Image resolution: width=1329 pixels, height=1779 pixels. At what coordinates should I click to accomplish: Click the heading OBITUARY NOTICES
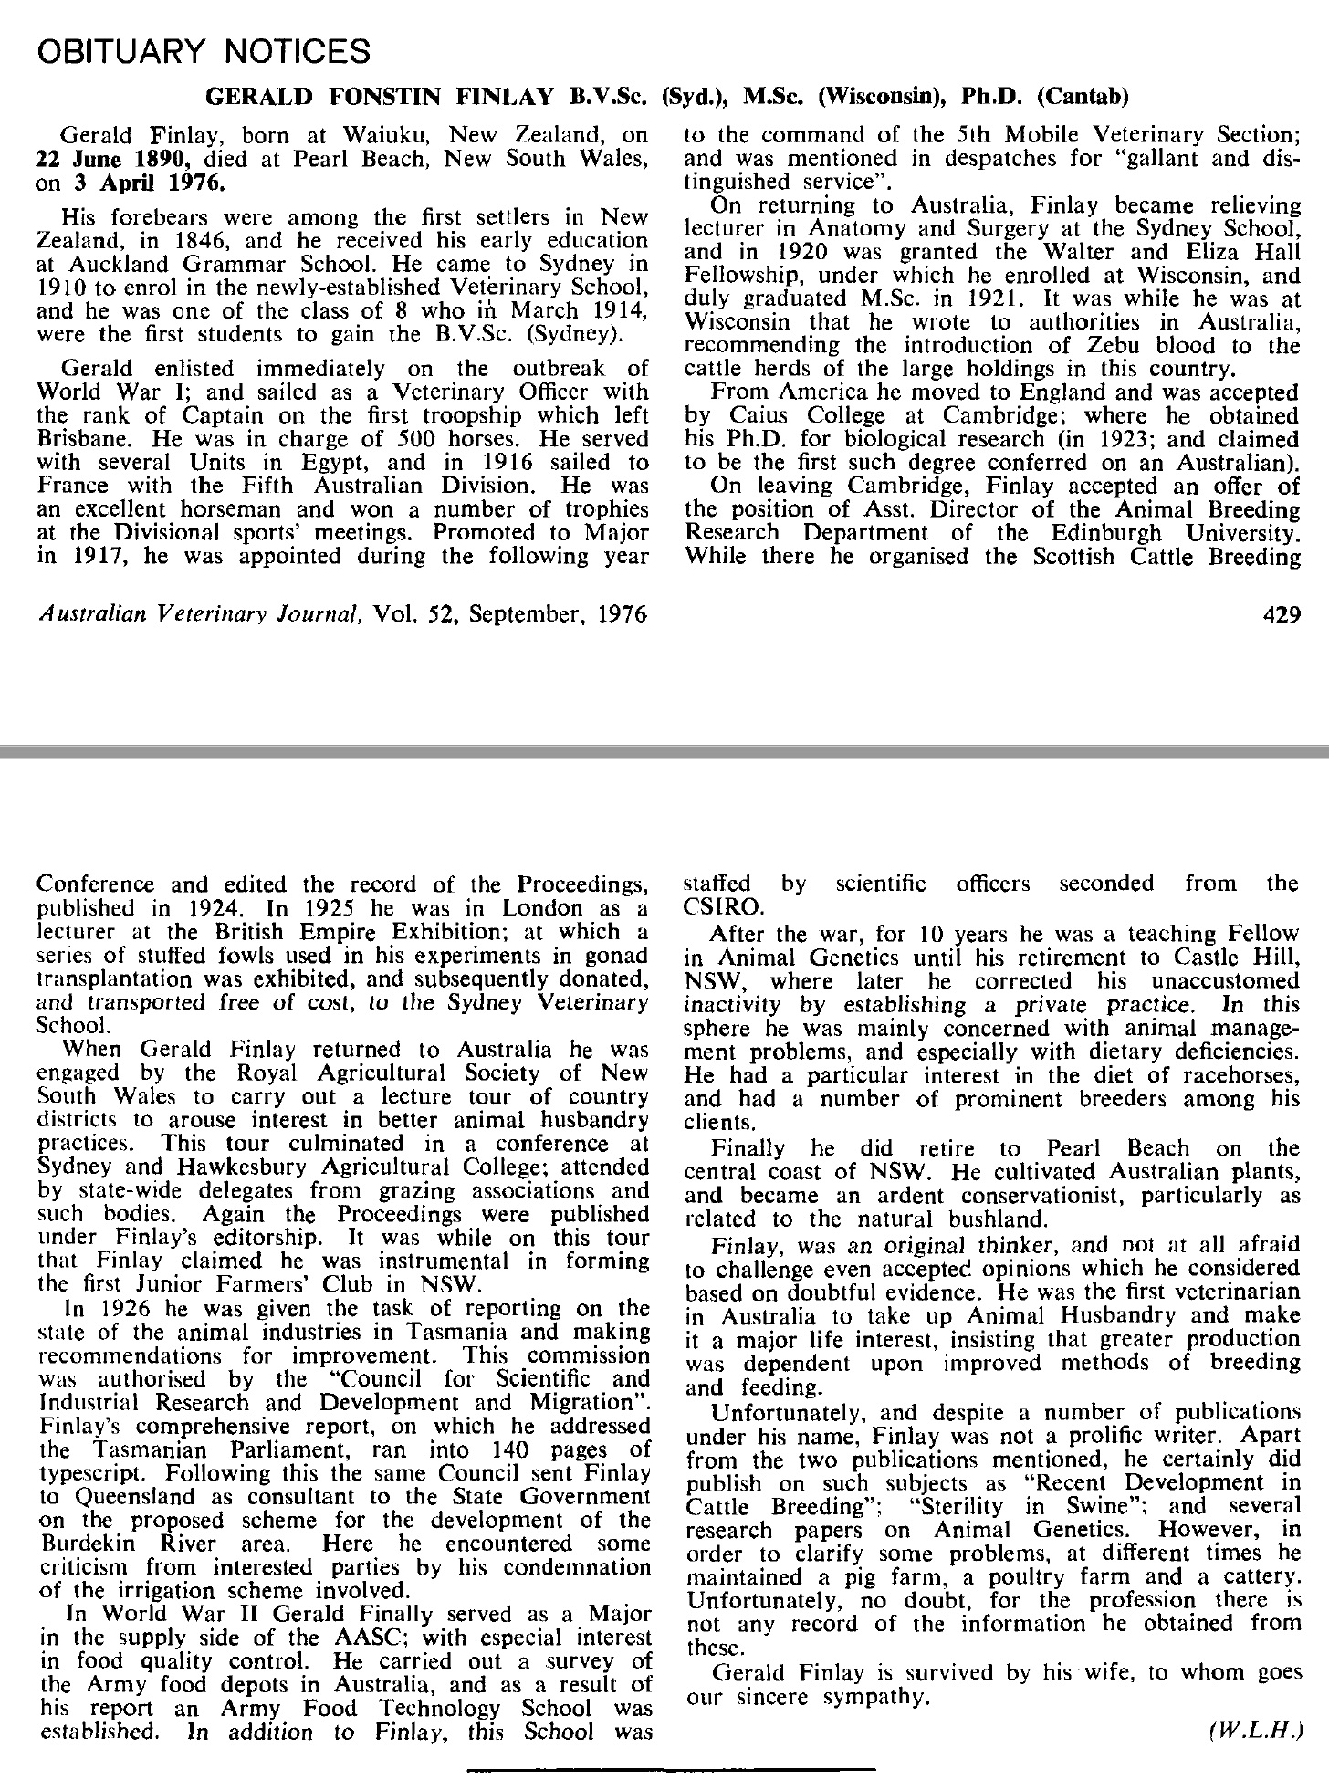(203, 51)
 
